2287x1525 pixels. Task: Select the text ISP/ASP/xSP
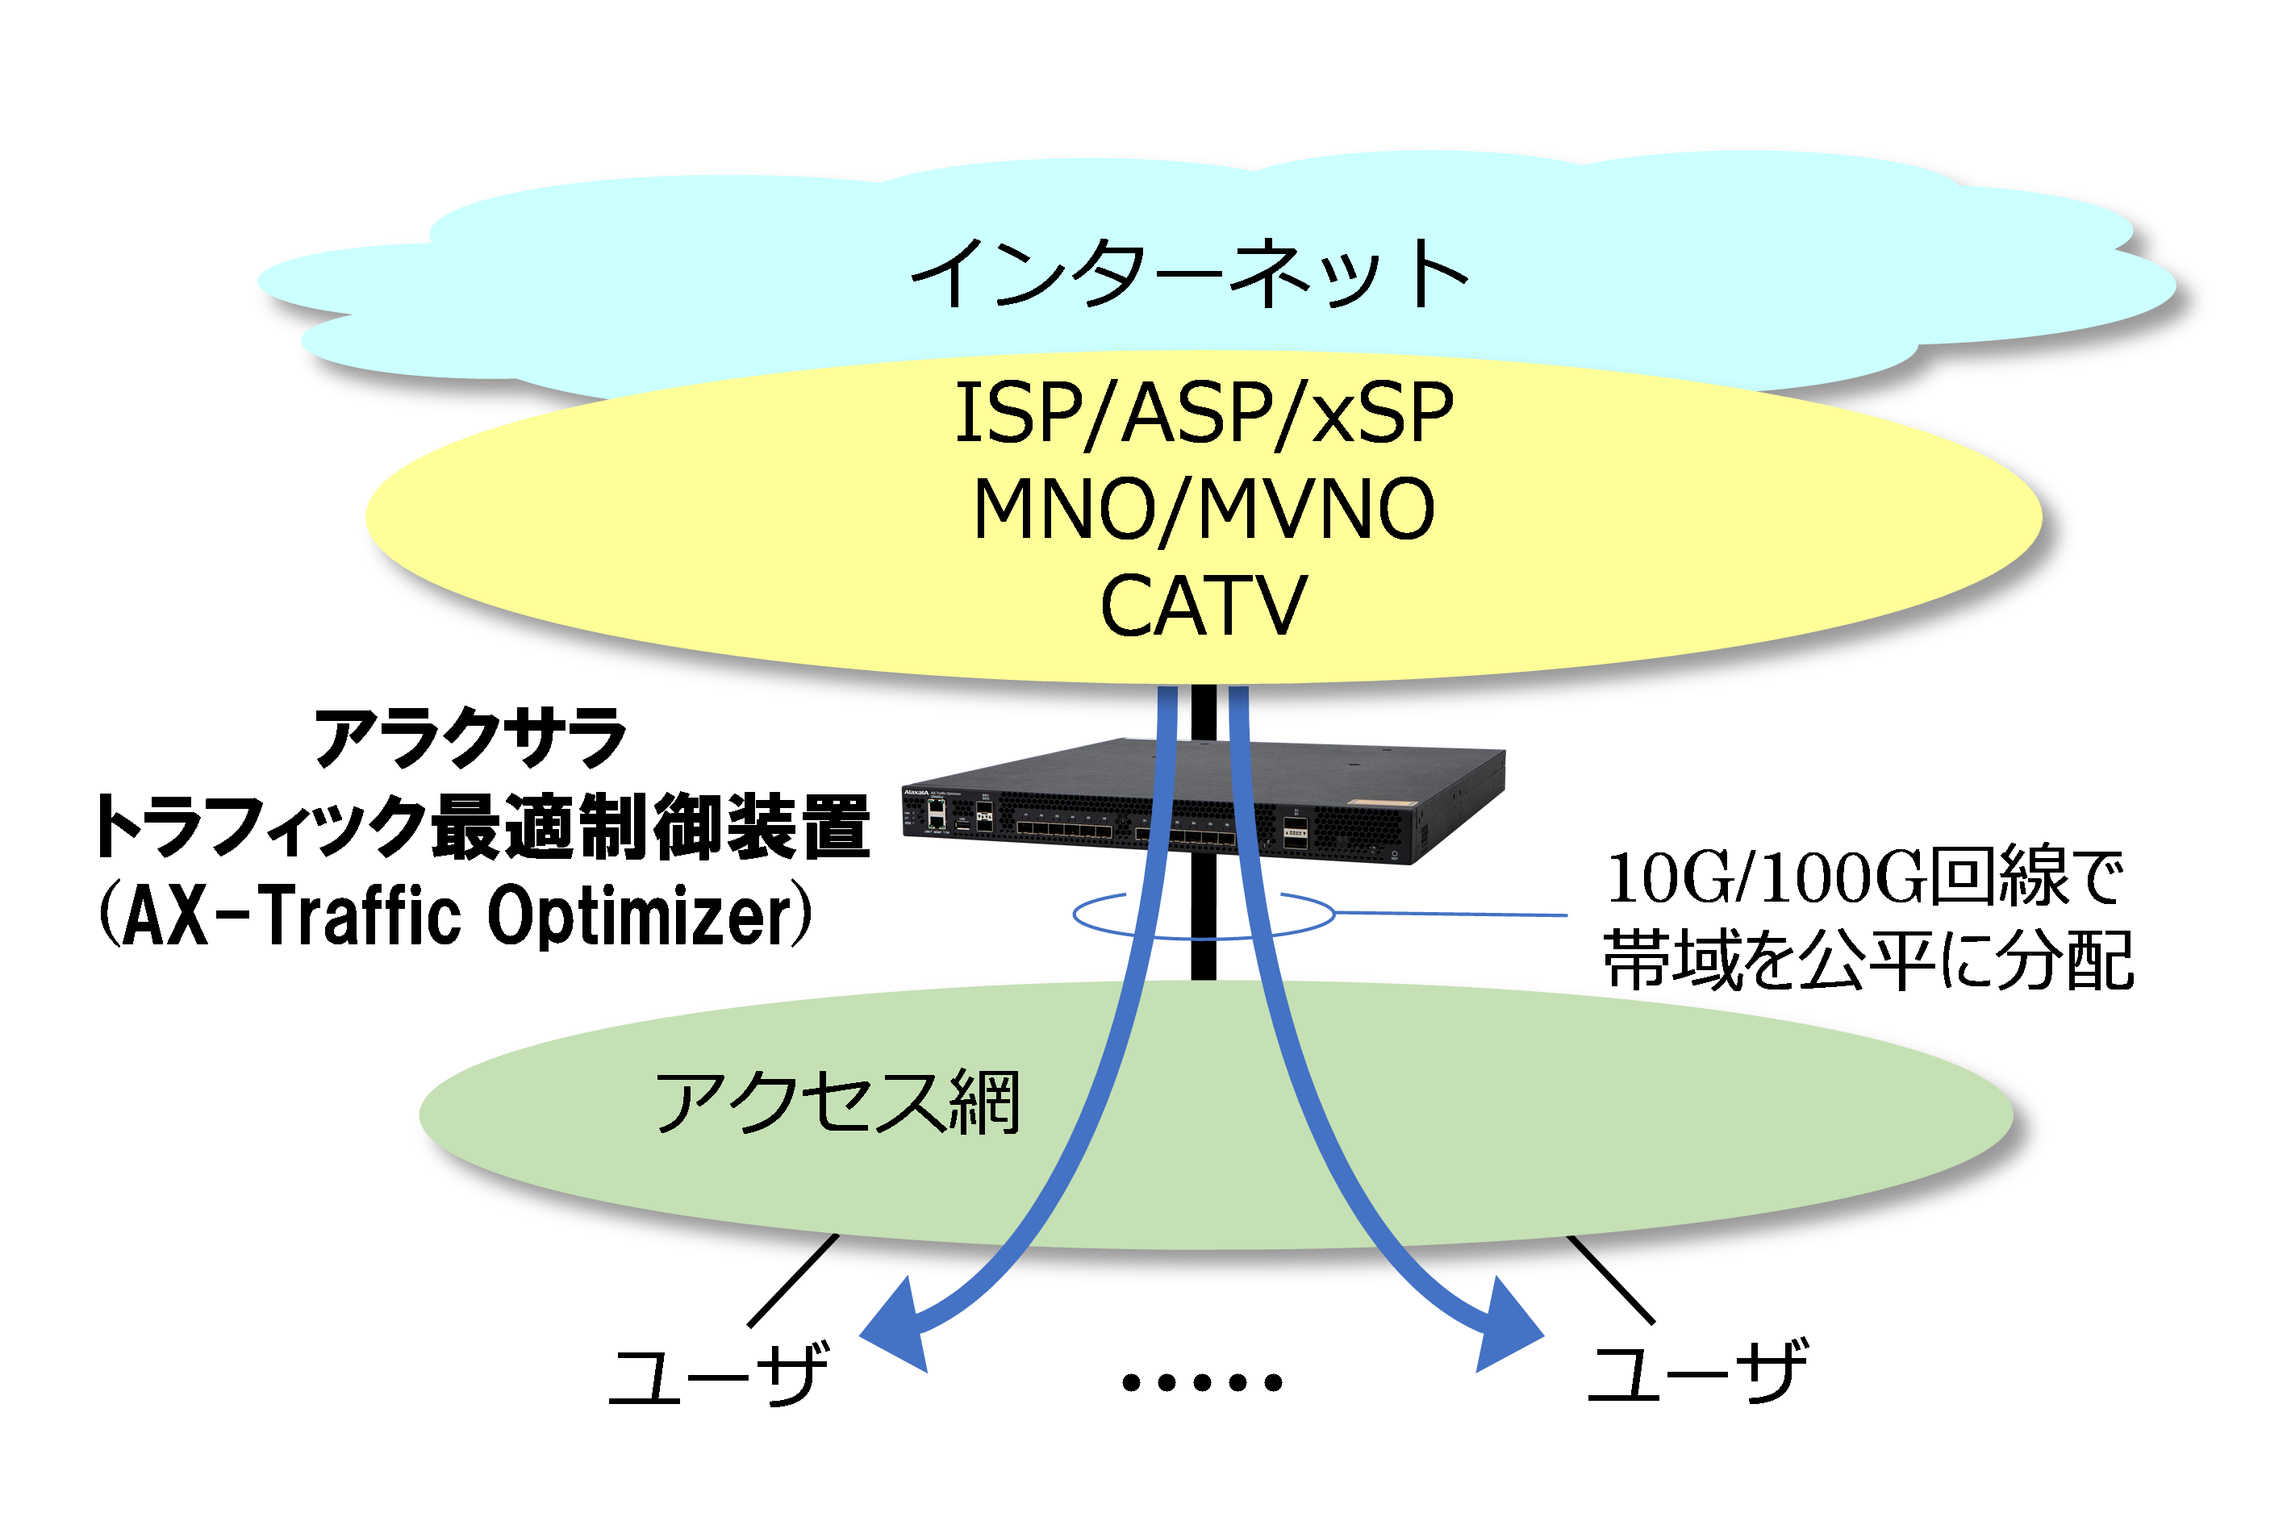coord(1204,415)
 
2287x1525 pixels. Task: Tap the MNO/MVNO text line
coord(1204,510)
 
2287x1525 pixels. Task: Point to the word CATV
coord(1204,606)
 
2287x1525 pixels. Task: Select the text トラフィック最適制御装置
coord(482,827)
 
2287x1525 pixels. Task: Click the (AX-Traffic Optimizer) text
coord(455,915)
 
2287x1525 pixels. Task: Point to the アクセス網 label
coord(837,1103)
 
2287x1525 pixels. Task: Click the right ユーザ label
coord(1698,1371)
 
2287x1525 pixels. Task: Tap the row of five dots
coord(1202,1382)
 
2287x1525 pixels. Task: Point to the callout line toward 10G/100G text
coord(1450,915)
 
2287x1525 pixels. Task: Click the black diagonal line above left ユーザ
coord(793,1280)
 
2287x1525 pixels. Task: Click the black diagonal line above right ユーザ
coord(1610,1279)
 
